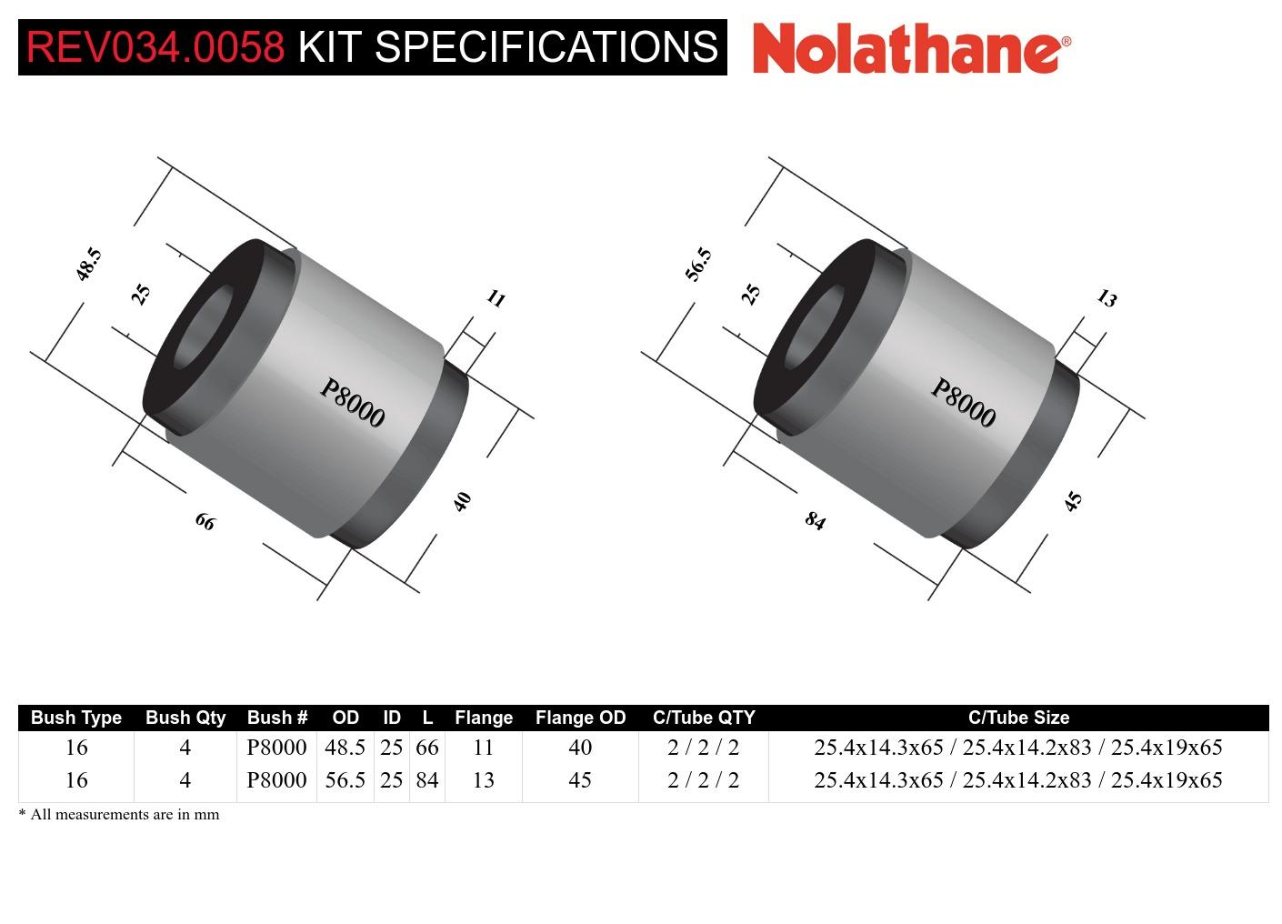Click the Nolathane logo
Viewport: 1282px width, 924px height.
911,47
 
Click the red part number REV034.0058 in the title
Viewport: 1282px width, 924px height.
155,46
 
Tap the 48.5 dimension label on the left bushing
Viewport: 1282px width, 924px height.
88,264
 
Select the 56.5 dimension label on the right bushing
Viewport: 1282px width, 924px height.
698,264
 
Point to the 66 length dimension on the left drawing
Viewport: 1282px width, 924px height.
205,521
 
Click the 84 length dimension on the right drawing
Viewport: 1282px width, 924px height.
816,521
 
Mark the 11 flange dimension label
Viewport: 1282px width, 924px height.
496,298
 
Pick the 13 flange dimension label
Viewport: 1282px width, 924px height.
1107,298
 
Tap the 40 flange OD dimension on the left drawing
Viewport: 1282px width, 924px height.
463,501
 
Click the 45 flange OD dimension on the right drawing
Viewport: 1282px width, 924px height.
1074,501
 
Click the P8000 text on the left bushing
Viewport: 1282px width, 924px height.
353,403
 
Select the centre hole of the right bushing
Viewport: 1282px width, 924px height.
812,329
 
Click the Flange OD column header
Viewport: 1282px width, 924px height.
580,718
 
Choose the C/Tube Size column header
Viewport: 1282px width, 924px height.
1018,718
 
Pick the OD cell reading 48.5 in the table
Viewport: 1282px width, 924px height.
346,748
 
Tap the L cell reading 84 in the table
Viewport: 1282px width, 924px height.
427,780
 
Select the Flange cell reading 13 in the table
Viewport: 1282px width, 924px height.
484,780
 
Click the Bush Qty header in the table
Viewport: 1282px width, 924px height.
185,718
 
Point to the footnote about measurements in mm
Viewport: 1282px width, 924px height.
119,814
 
